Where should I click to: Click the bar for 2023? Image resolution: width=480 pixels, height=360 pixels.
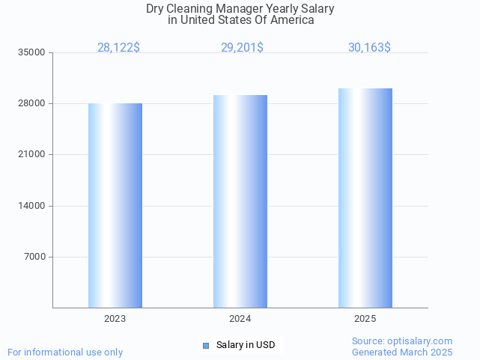tap(115, 205)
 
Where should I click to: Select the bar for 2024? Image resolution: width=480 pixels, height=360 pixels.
tap(240, 201)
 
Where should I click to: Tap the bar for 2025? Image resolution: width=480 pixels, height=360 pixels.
tap(365, 198)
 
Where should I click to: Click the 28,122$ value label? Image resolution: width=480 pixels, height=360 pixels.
tap(118, 47)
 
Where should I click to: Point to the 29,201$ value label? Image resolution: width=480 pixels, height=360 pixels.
tap(242, 47)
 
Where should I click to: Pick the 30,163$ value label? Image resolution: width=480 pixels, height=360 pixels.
tap(369, 47)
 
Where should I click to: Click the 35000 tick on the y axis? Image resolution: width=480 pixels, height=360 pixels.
tap(33, 52)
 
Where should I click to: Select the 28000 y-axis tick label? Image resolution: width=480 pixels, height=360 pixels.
tap(33, 103)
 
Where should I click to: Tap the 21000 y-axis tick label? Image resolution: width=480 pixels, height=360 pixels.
tap(33, 155)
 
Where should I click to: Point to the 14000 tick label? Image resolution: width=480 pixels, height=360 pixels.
tap(33, 206)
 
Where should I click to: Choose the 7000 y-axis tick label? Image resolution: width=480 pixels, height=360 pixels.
tap(35, 257)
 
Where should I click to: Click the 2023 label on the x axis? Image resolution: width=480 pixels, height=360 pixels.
tap(115, 319)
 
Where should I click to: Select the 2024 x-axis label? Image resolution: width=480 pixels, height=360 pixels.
tap(240, 319)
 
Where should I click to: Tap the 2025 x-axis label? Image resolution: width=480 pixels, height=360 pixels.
tap(365, 319)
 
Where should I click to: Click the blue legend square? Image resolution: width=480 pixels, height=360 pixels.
tap(206, 345)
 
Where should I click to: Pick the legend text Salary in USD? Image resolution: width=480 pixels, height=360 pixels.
tap(246, 345)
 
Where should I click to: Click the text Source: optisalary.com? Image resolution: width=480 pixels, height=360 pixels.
tap(402, 341)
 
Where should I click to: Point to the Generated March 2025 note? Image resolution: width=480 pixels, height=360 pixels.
tap(402, 352)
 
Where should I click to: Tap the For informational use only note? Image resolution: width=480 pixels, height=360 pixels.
tap(65, 352)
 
